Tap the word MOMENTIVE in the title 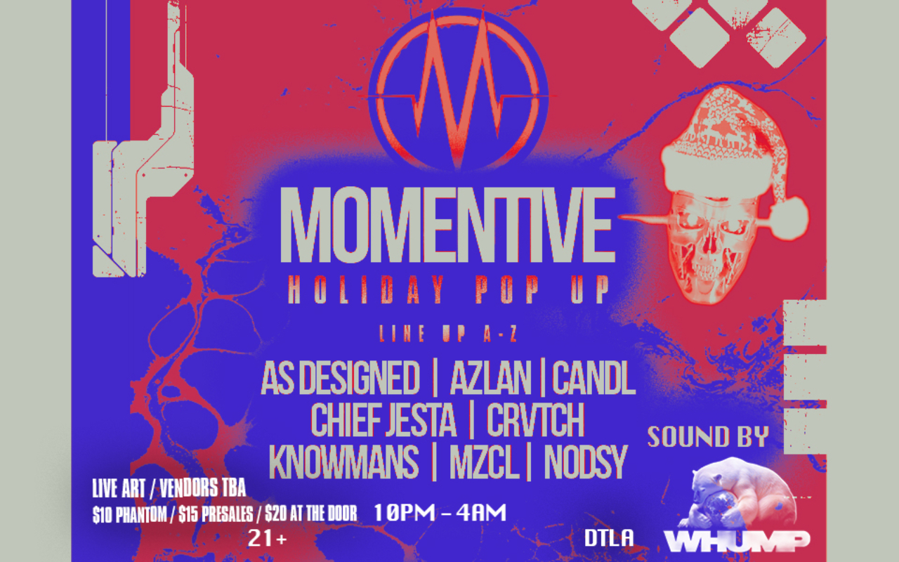pos(447,225)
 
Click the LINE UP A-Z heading pos(448,334)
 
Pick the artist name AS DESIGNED pos(341,378)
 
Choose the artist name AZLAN pos(490,378)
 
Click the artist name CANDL pos(593,378)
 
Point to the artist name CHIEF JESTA pos(383,420)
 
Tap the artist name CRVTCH pos(535,420)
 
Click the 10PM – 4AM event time pos(440,513)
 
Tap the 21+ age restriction pos(268,538)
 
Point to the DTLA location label pos(609,538)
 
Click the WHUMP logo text pos(737,540)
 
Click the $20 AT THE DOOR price pos(311,514)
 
